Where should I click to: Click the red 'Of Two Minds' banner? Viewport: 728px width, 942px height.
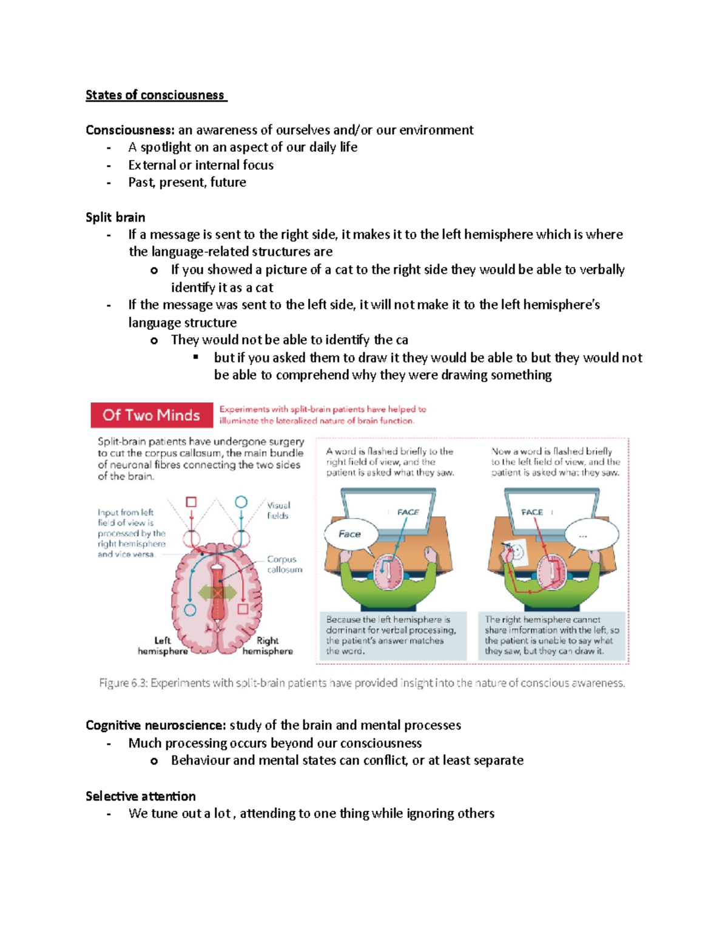pos(152,415)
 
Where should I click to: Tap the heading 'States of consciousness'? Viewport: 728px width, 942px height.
pos(155,95)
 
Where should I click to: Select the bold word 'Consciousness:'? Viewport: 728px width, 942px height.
pos(130,130)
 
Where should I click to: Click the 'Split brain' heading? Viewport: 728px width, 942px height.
pos(115,218)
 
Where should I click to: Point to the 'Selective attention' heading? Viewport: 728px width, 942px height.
pos(141,796)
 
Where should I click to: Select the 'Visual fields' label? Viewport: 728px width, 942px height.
pos(278,510)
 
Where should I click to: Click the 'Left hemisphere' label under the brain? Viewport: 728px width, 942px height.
pos(163,646)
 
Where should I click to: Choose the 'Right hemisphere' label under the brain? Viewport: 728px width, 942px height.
pos(268,646)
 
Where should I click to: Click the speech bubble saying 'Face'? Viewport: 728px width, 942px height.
pos(350,534)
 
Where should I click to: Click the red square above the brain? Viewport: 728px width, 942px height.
pos(191,502)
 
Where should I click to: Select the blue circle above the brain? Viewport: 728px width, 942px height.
pos(241,502)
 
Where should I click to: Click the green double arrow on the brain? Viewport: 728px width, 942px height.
pos(217,593)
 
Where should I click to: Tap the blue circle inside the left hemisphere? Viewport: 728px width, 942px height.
pos(190,610)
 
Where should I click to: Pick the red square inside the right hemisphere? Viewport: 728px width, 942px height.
pos(243,608)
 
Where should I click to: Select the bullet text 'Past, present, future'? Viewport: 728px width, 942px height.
pos(187,183)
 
